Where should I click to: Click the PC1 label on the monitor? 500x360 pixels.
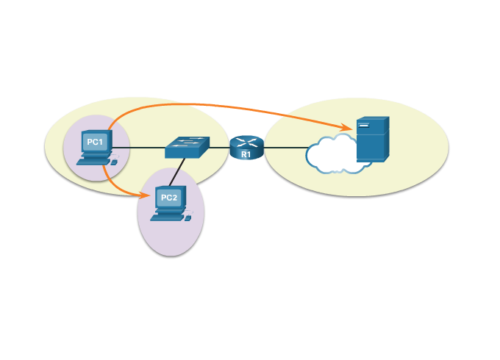click(x=95, y=142)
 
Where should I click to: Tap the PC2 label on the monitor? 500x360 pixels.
click(x=168, y=198)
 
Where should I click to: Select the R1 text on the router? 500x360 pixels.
click(x=246, y=154)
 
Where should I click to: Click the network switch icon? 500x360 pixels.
click(x=187, y=147)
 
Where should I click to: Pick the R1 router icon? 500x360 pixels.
click(x=246, y=147)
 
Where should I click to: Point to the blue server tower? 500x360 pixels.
click(x=372, y=140)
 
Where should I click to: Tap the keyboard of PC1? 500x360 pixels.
click(x=92, y=159)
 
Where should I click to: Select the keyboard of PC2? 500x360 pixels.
click(x=166, y=216)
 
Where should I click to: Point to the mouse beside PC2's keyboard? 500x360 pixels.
click(x=187, y=217)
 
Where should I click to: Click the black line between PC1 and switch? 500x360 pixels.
click(x=140, y=148)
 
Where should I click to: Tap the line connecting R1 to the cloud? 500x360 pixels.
click(x=285, y=148)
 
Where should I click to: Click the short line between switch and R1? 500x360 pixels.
click(x=219, y=148)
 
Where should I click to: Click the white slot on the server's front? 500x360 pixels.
click(x=364, y=126)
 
